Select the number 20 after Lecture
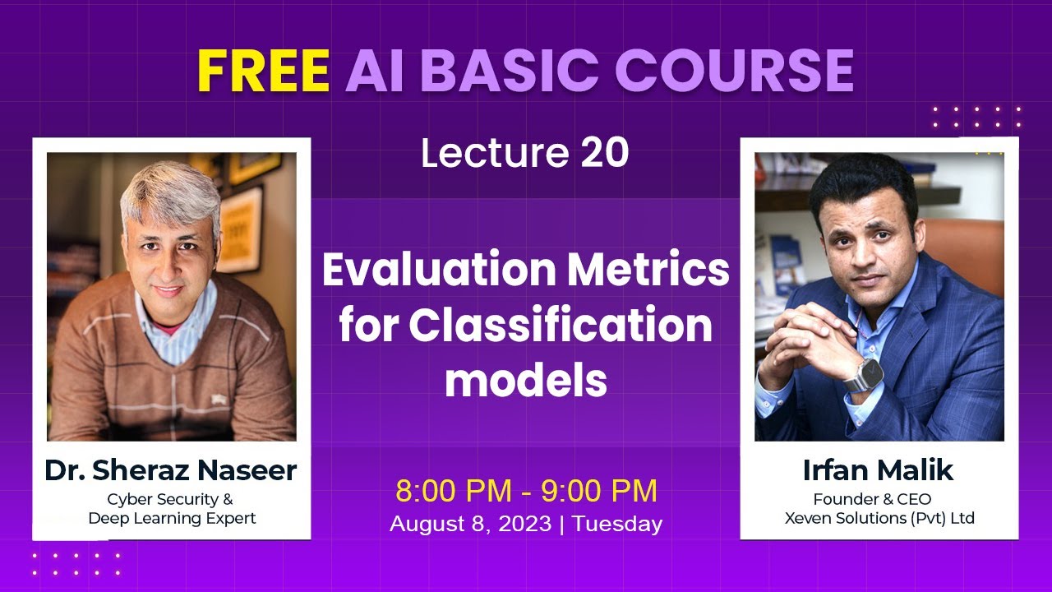pos(605,153)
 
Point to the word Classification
pos(561,326)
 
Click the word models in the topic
pos(526,380)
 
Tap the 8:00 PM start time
pos(456,491)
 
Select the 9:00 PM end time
pos(598,491)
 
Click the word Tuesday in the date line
pos(617,525)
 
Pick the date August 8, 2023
pos(470,525)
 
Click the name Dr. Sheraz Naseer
pos(171,471)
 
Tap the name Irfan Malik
pos(879,470)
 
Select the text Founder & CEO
pos(872,499)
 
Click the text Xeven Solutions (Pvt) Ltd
pos(879,518)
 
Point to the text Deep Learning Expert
pos(172,518)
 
